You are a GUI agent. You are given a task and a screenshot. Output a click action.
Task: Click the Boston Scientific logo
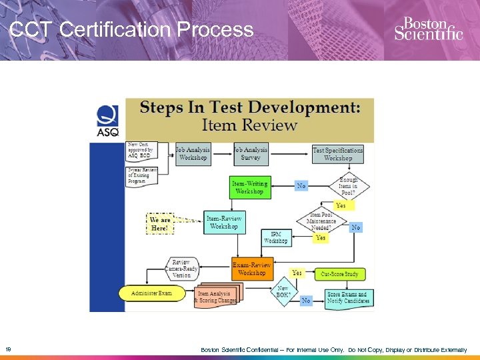click(x=428, y=29)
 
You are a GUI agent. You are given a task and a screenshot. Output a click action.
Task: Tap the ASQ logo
click(x=108, y=121)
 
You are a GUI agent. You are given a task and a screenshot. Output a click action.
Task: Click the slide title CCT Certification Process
click(x=132, y=30)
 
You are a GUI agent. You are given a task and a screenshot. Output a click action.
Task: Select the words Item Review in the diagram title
click(x=249, y=125)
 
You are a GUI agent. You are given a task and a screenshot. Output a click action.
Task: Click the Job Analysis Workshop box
click(x=193, y=154)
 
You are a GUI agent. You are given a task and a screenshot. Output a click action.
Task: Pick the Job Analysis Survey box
click(x=251, y=154)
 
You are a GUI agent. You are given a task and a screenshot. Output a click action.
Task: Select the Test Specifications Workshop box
click(x=338, y=154)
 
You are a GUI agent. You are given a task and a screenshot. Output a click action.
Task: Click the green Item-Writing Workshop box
click(x=249, y=187)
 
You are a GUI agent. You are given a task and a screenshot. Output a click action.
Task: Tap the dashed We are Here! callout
click(x=161, y=223)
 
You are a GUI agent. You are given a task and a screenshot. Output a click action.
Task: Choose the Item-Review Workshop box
click(x=223, y=223)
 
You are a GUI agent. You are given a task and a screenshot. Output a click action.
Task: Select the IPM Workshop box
click(x=276, y=238)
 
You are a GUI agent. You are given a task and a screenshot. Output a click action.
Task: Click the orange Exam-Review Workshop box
click(x=251, y=269)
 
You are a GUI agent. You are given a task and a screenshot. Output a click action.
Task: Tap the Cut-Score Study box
click(x=339, y=274)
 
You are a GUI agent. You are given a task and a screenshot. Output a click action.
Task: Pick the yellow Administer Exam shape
click(x=151, y=293)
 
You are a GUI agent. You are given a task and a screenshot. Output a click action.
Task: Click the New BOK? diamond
click(x=283, y=291)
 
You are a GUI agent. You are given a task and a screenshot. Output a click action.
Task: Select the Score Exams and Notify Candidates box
click(x=347, y=297)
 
